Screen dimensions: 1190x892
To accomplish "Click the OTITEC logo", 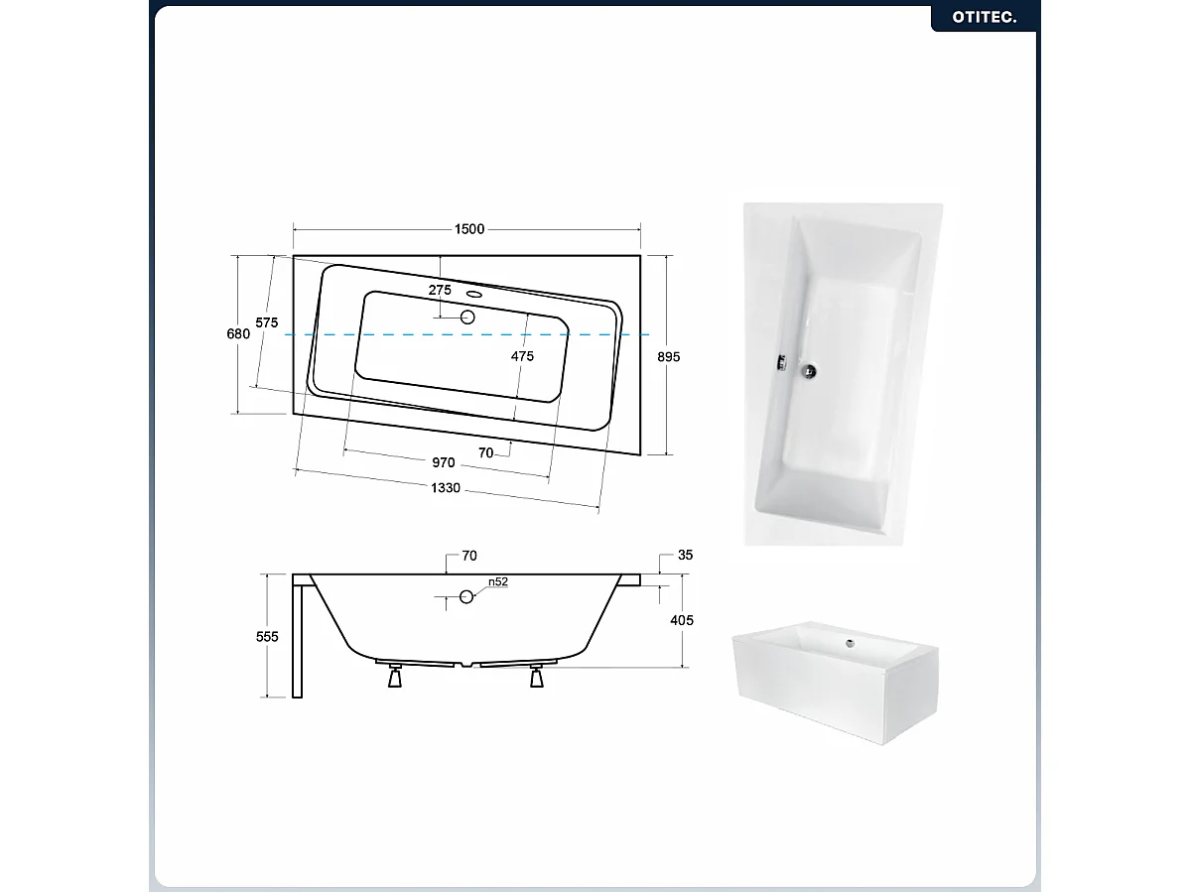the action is click(985, 17).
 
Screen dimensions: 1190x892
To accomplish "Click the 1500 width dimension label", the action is click(469, 229).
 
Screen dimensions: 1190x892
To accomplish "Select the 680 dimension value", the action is click(238, 333).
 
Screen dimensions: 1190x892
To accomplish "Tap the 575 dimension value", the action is click(266, 322).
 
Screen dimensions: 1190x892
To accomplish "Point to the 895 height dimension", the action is click(669, 356).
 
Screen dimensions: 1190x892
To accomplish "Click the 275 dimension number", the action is click(440, 290).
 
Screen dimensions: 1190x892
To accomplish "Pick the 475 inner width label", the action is click(522, 356).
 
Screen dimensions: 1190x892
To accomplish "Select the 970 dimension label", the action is click(444, 462).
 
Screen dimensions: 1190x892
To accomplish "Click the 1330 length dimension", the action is click(446, 488).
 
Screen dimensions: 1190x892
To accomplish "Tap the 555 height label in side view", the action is click(267, 636).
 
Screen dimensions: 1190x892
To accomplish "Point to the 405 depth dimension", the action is click(682, 620).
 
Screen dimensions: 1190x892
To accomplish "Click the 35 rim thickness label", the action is click(685, 556).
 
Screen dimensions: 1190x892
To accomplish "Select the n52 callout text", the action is click(498, 581).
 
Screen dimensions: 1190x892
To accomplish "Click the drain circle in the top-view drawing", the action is click(467, 318).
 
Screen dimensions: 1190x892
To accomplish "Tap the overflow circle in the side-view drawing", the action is click(466, 597).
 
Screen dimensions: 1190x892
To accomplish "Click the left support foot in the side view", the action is click(395, 675).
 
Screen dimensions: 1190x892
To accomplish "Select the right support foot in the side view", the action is click(537, 675).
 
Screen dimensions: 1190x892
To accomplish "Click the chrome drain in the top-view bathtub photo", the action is click(810, 371).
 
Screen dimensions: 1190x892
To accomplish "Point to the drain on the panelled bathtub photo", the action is click(850, 643).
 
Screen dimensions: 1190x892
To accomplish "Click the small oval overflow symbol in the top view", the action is click(475, 295).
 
